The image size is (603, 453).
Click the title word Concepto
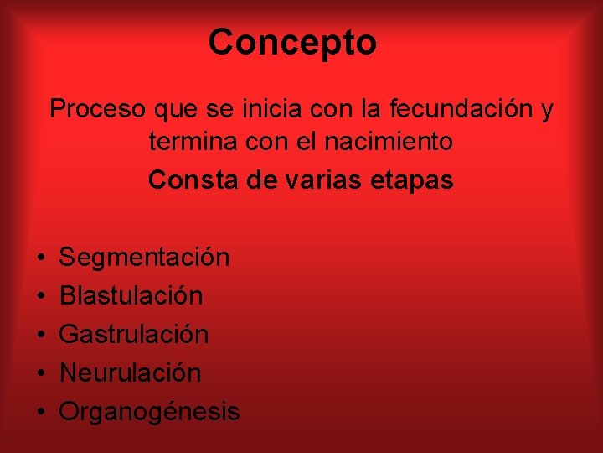coord(292,42)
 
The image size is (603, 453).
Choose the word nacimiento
coord(394,142)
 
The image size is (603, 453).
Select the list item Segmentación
coord(144,257)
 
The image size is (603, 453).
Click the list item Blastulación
coord(131,295)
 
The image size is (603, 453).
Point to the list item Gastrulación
coord(134,334)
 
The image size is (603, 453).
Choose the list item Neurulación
coord(130,372)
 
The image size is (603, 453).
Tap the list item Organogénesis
coord(149,412)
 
